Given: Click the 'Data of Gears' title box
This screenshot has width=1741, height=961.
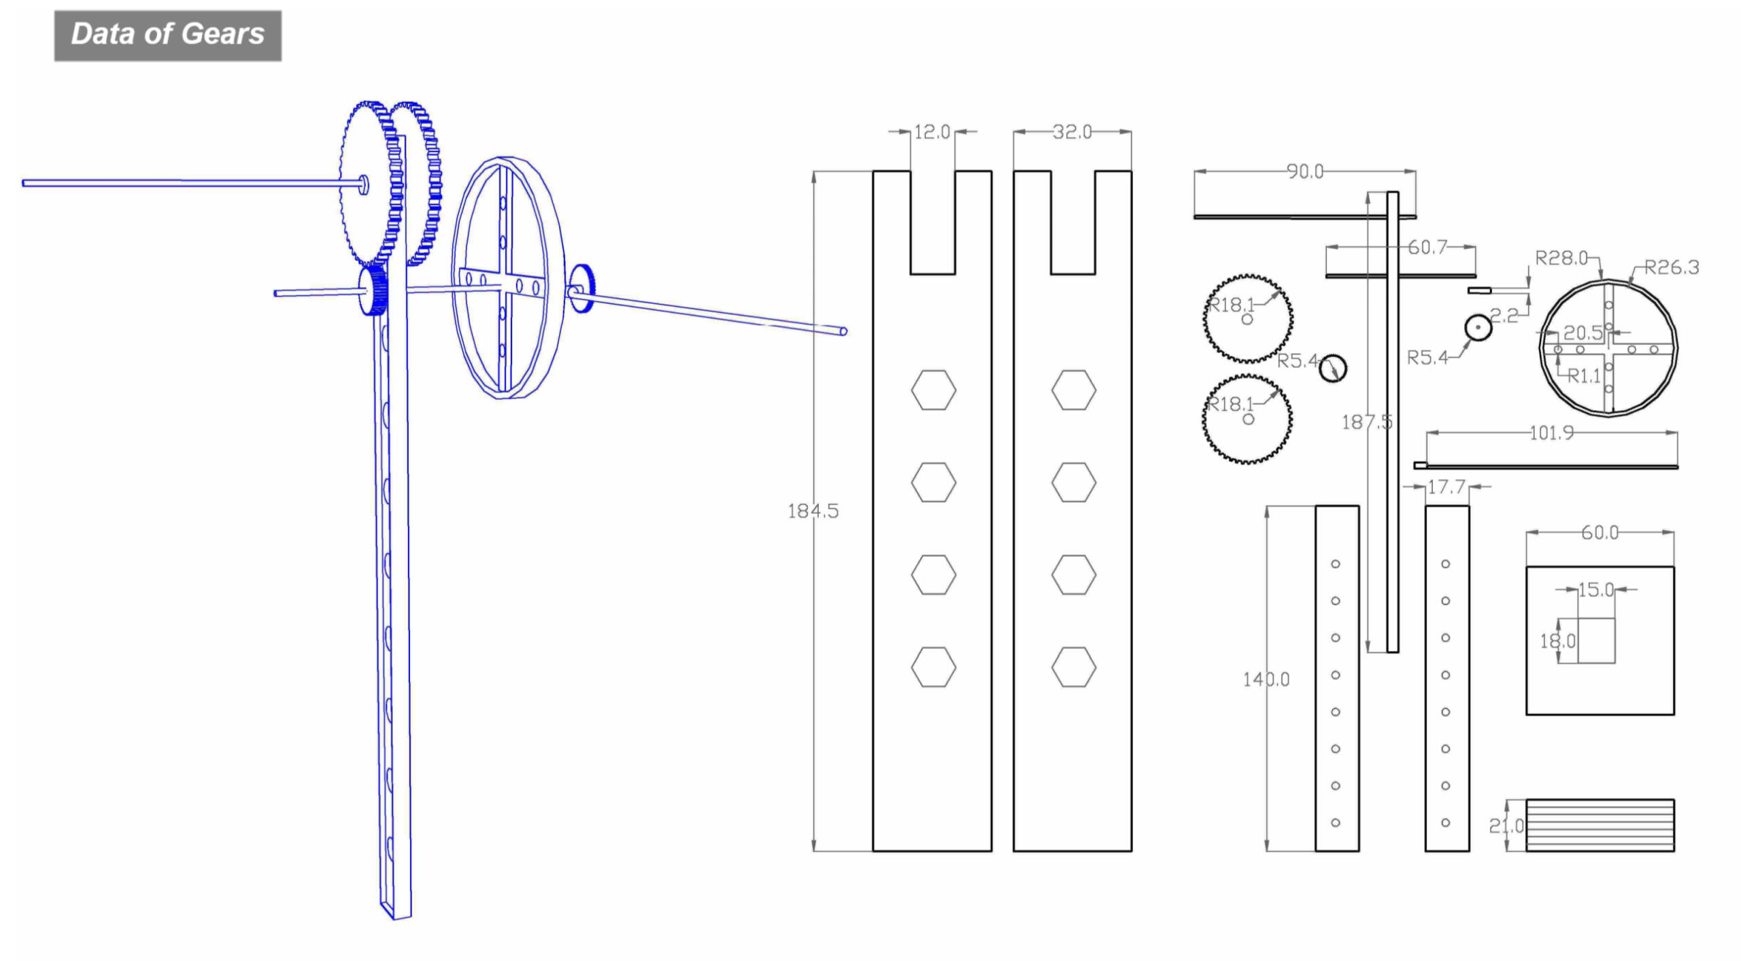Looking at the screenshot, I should pos(167,35).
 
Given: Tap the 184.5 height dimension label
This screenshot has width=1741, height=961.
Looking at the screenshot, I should pos(813,511).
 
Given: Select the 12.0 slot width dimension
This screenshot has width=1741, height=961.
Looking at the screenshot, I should pos(932,132).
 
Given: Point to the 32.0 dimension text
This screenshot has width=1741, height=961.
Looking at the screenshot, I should pos(1072,132).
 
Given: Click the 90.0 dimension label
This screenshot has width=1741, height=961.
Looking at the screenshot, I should pos(1304,171).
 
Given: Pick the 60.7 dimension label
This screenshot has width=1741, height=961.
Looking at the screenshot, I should pos(1427,247).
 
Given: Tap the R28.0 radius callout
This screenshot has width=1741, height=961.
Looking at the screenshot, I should pos(1561,258).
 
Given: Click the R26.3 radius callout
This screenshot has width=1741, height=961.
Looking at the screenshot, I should pos(1671,267).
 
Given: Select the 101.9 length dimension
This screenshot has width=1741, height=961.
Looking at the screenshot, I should pos(1551,433).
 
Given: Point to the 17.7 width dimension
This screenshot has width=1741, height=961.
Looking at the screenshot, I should pos(1446,487).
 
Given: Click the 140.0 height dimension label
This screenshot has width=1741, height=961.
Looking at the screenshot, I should pos(1266,679).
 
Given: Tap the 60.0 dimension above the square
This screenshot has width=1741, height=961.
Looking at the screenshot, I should pos(1600,532).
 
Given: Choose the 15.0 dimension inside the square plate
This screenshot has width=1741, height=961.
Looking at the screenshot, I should pos(1595,589).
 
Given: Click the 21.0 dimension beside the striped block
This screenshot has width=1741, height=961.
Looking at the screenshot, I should pos(1506,826).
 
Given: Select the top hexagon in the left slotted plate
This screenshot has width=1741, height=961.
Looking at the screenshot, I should pos(933,390).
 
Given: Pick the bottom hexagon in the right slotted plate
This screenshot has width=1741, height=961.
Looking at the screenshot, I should pos(1073,667).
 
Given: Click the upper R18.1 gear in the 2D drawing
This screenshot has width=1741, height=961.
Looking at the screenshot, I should pos(1248,318).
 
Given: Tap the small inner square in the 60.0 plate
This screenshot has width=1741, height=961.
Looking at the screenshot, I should pos(1595,640).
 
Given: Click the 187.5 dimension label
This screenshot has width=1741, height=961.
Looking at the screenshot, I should pos(1366,422).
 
